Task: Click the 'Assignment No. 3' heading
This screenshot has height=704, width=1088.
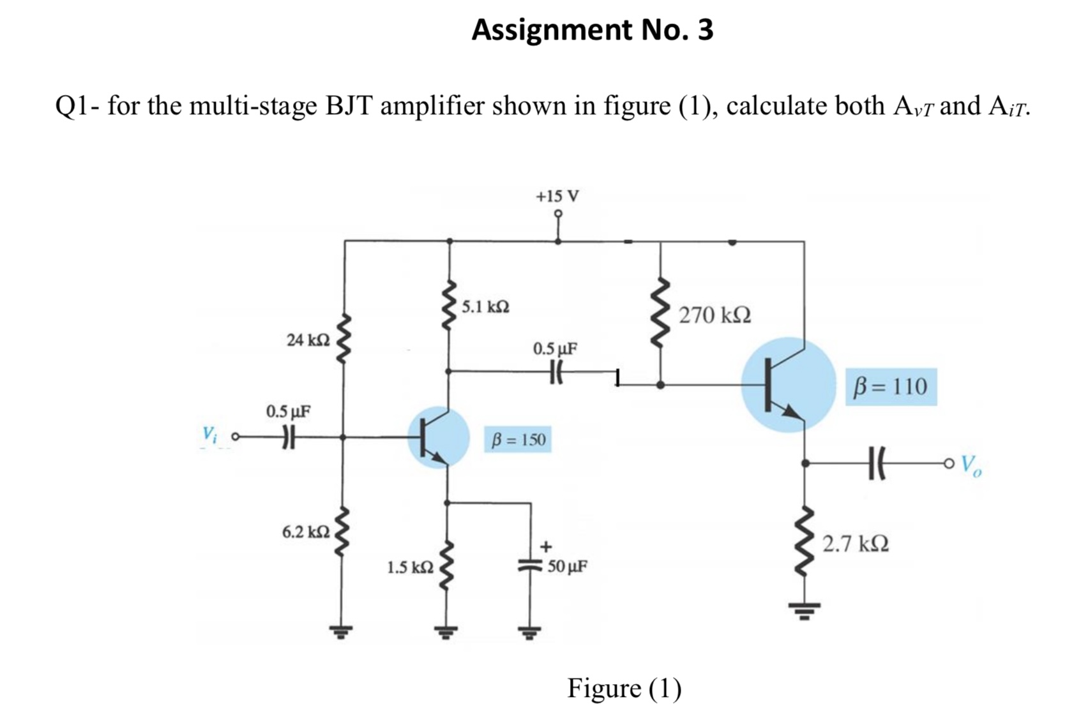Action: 592,30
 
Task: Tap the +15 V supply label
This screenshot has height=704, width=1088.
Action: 557,196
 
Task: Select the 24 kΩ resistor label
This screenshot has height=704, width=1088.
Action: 308,340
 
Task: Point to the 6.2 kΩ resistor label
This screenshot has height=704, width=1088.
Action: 306,532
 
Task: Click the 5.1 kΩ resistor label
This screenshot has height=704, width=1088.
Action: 485,307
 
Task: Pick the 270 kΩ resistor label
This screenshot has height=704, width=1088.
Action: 714,315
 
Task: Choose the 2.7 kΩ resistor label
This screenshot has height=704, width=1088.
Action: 855,544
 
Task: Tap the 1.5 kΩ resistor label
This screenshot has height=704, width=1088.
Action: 411,567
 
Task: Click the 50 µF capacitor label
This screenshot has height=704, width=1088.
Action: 568,566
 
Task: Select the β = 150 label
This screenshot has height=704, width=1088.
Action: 518,440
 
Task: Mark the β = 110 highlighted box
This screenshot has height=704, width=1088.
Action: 891,386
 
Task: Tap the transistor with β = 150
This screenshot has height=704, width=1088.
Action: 438,438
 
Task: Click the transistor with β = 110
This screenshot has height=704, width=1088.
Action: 788,385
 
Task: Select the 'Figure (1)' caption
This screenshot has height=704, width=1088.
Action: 624,688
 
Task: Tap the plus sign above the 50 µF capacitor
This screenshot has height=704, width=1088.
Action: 546,547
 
